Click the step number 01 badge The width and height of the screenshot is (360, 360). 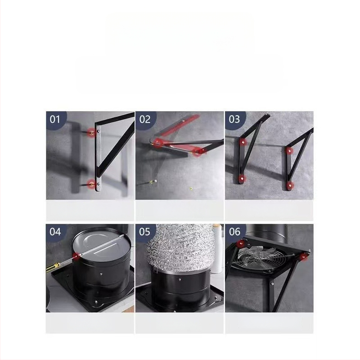pyautogui.click(x=55, y=119)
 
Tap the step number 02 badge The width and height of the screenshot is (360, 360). pyautogui.click(x=145, y=119)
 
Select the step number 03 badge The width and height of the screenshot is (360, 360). pyautogui.click(x=234, y=119)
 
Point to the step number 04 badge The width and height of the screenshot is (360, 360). pyautogui.click(x=55, y=232)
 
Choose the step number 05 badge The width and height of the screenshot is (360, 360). pyautogui.click(x=145, y=232)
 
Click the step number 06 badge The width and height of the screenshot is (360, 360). pyautogui.click(x=234, y=232)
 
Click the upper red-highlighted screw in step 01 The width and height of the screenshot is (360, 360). pyautogui.click(x=92, y=133)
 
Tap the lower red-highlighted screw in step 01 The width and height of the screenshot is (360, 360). pyautogui.click(x=92, y=183)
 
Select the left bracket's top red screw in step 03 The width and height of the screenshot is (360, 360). pyautogui.click(x=243, y=142)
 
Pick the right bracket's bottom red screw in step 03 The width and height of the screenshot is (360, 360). pyautogui.click(x=290, y=185)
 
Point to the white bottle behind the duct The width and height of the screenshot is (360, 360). pyautogui.click(x=218, y=252)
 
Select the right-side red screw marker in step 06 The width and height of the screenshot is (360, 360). pyautogui.click(x=304, y=257)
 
